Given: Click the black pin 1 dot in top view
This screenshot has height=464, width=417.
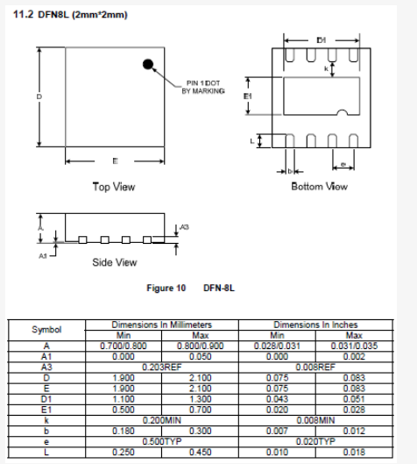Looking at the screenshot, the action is tap(148, 64).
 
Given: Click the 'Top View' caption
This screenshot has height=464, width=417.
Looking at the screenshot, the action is tap(114, 187).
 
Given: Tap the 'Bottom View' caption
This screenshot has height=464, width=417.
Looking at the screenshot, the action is tap(320, 187).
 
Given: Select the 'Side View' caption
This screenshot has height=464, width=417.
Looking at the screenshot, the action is tap(115, 262).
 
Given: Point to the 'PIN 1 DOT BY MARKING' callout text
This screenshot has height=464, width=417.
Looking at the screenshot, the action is tap(203, 87).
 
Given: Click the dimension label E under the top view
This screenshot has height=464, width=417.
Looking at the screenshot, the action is tap(115, 161).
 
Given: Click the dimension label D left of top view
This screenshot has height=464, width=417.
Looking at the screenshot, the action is tap(39, 96).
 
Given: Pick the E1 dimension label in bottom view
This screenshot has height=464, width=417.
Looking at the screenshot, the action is tap(247, 96).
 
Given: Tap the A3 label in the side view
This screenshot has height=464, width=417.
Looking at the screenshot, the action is tap(184, 227).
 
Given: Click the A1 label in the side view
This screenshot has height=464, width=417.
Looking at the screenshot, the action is tap(43, 255).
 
